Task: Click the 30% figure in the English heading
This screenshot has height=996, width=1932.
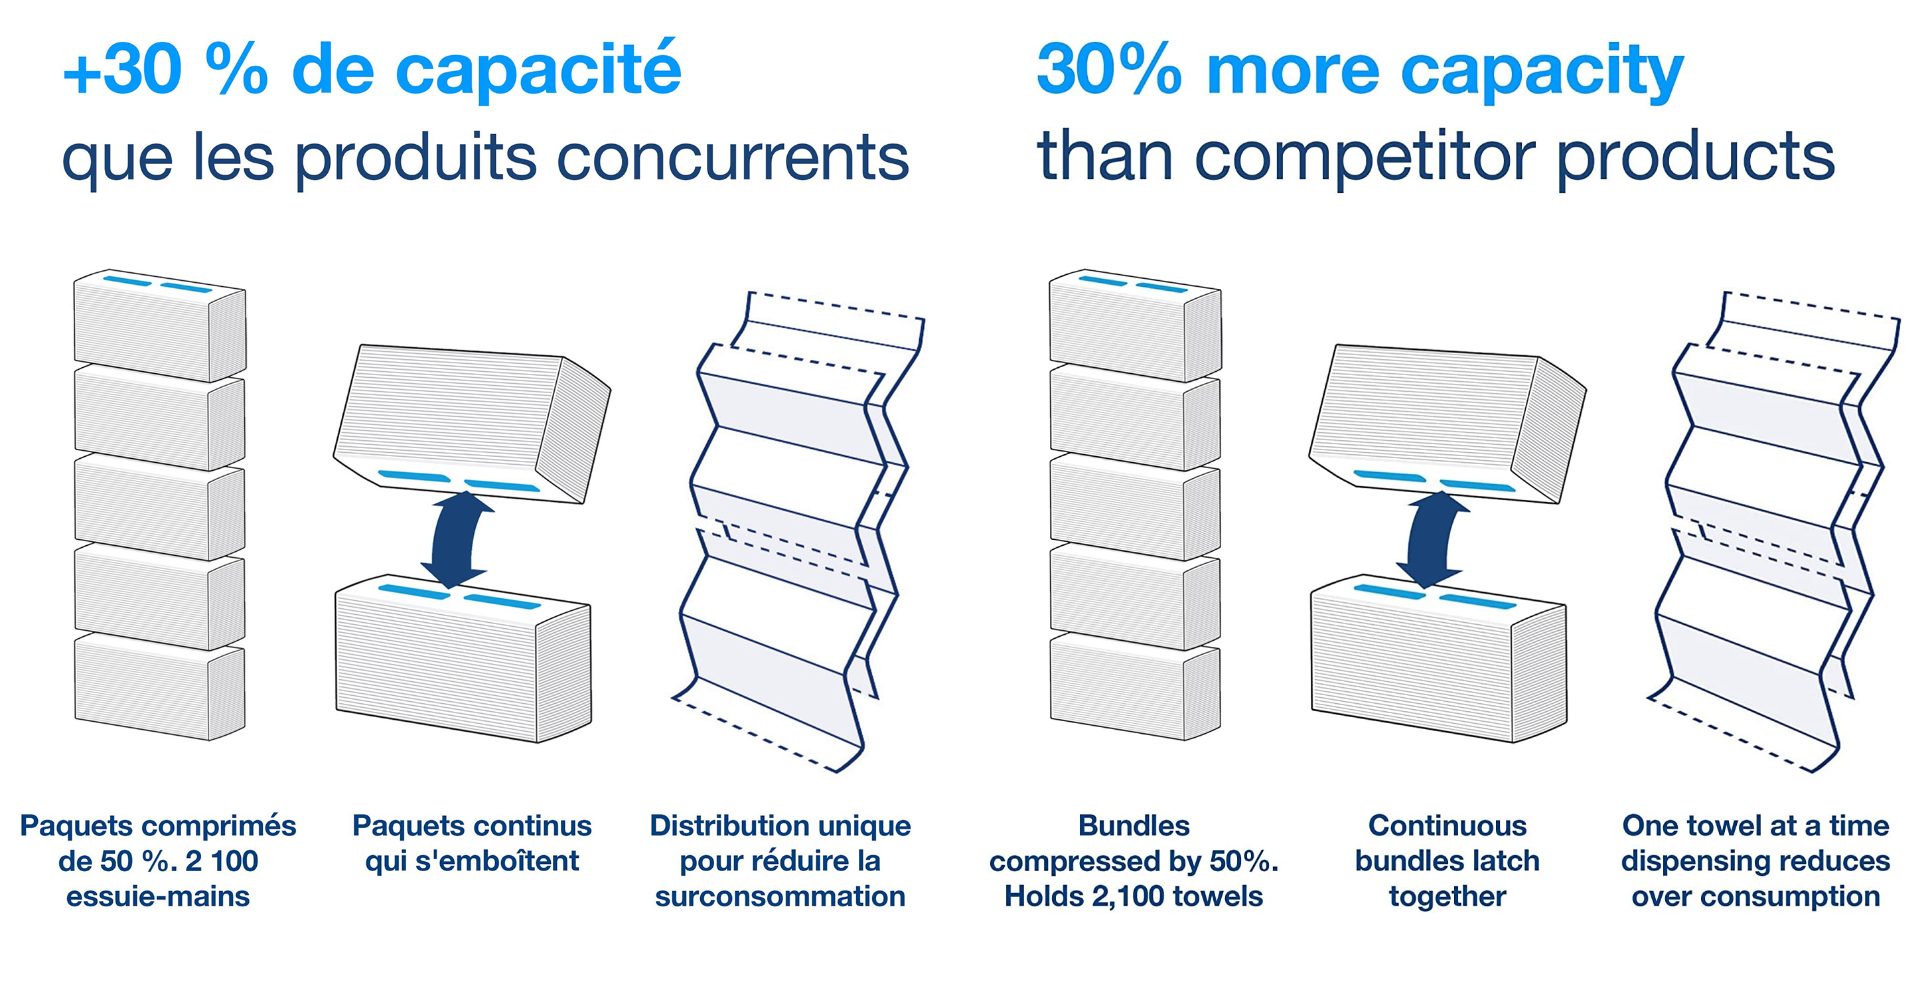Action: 1109,69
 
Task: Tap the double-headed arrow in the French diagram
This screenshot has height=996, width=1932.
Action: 456,539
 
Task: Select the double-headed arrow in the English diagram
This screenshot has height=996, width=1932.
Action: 1432,539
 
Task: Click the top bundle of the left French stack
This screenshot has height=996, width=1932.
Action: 160,324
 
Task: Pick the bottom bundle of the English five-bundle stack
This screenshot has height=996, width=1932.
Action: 1136,686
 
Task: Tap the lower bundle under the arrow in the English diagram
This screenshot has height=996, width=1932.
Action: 1438,658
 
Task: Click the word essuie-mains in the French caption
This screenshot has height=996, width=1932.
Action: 157,896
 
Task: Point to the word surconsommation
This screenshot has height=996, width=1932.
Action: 780,896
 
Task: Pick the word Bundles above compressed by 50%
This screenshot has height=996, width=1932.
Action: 1134,825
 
